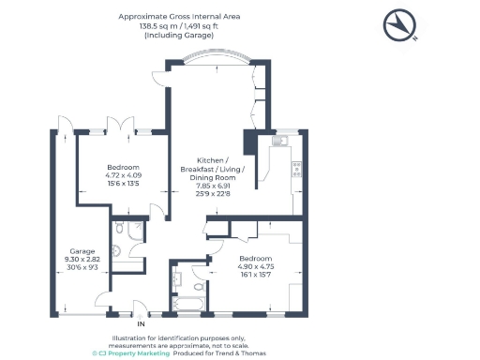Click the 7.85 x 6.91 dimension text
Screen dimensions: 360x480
tap(212, 186)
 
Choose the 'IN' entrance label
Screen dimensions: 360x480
tap(141, 323)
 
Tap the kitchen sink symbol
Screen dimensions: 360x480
tap(278, 142)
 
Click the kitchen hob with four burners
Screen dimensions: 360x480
tap(297, 170)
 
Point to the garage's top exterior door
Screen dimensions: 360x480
tap(63, 125)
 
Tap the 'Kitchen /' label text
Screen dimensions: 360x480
tap(212, 160)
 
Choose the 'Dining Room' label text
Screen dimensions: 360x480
tap(212, 177)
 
